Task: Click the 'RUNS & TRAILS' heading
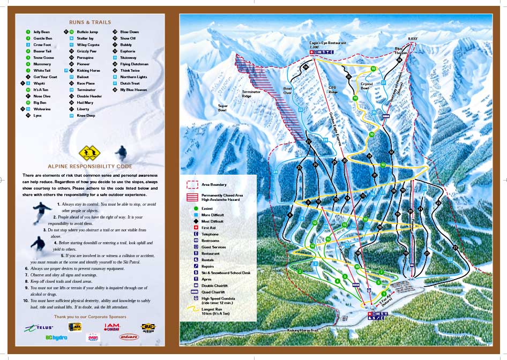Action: [x=90, y=22]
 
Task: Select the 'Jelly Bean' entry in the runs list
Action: [x=41, y=32]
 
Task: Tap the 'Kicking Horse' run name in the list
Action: [x=88, y=70]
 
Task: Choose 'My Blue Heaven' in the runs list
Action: [x=133, y=89]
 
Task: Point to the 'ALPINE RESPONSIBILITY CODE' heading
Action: [x=90, y=167]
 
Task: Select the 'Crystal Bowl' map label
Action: [x=367, y=86]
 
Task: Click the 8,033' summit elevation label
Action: [x=412, y=39]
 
